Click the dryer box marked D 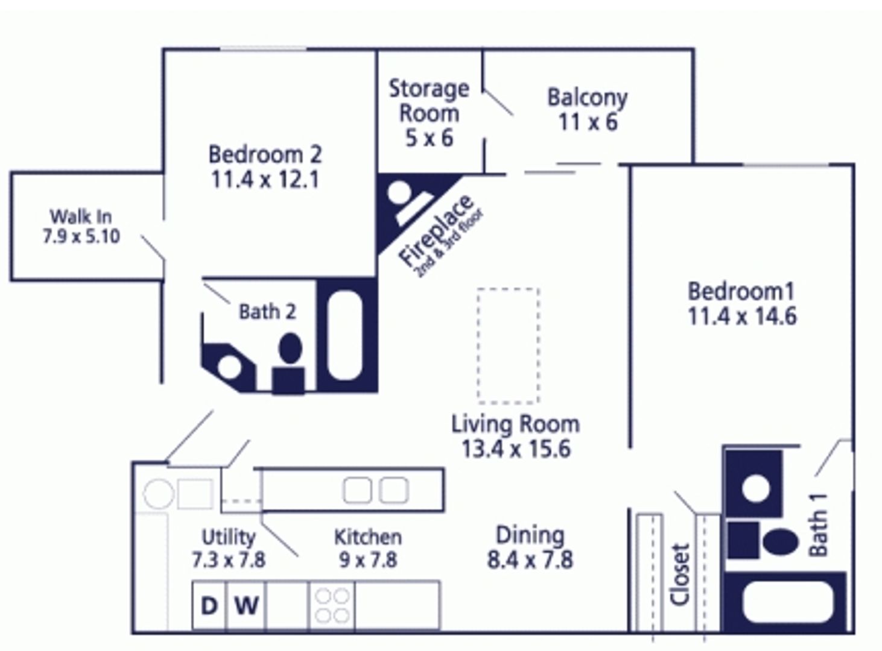click(x=209, y=605)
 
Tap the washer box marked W click(x=246, y=605)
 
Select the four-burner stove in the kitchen click(x=332, y=605)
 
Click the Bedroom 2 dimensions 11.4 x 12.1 click(x=265, y=180)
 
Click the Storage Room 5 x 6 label click(x=428, y=113)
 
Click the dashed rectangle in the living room click(x=508, y=345)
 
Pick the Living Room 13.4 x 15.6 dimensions click(x=516, y=449)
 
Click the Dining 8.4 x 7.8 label click(x=530, y=547)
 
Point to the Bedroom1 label click(x=741, y=292)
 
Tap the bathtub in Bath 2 click(x=344, y=335)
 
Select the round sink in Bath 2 click(x=229, y=367)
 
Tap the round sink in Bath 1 click(x=755, y=488)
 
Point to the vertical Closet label click(x=680, y=574)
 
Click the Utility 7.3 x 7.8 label click(x=228, y=549)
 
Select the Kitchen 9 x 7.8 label click(x=368, y=549)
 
